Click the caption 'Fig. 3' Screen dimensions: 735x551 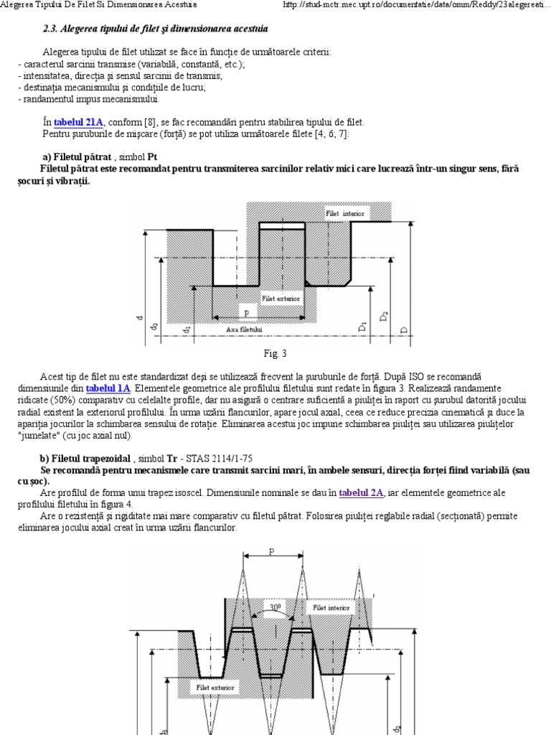(275, 353)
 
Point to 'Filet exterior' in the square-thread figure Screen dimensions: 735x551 (281, 297)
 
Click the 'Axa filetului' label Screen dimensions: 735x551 (245, 328)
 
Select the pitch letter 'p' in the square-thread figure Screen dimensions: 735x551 (248, 312)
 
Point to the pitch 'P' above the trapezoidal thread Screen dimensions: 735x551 (271, 552)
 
